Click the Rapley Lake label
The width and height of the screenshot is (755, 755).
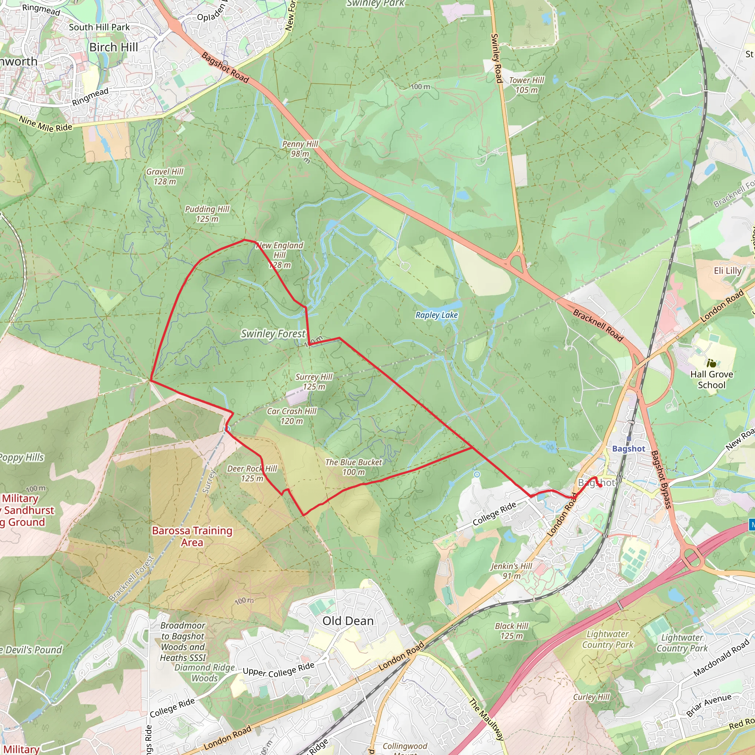pyautogui.click(x=436, y=315)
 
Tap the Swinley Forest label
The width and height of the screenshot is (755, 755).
pyautogui.click(x=273, y=334)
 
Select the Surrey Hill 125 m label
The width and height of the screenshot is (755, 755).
pyautogui.click(x=314, y=382)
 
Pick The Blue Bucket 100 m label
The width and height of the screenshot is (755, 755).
pyautogui.click(x=354, y=467)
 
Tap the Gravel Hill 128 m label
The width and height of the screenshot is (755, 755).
pyautogui.click(x=164, y=177)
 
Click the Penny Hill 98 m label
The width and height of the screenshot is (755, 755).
pyautogui.click(x=300, y=149)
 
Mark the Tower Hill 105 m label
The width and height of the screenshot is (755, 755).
pyautogui.click(x=526, y=85)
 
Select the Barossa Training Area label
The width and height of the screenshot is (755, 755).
pyautogui.click(x=192, y=536)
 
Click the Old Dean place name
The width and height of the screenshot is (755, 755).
pyautogui.click(x=348, y=621)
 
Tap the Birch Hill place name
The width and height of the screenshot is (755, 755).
pyautogui.click(x=114, y=47)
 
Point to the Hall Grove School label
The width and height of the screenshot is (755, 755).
pyautogui.click(x=711, y=379)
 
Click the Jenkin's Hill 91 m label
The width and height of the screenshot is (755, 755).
pyautogui.click(x=512, y=571)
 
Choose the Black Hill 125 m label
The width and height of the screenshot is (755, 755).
pyautogui.click(x=512, y=631)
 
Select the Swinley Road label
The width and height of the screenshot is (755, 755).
pyautogui.click(x=496, y=58)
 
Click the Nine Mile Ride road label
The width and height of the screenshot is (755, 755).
pyautogui.click(x=46, y=124)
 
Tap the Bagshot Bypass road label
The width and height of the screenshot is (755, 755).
pyautogui.click(x=661, y=480)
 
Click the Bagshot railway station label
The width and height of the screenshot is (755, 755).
pyautogui.click(x=629, y=449)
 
